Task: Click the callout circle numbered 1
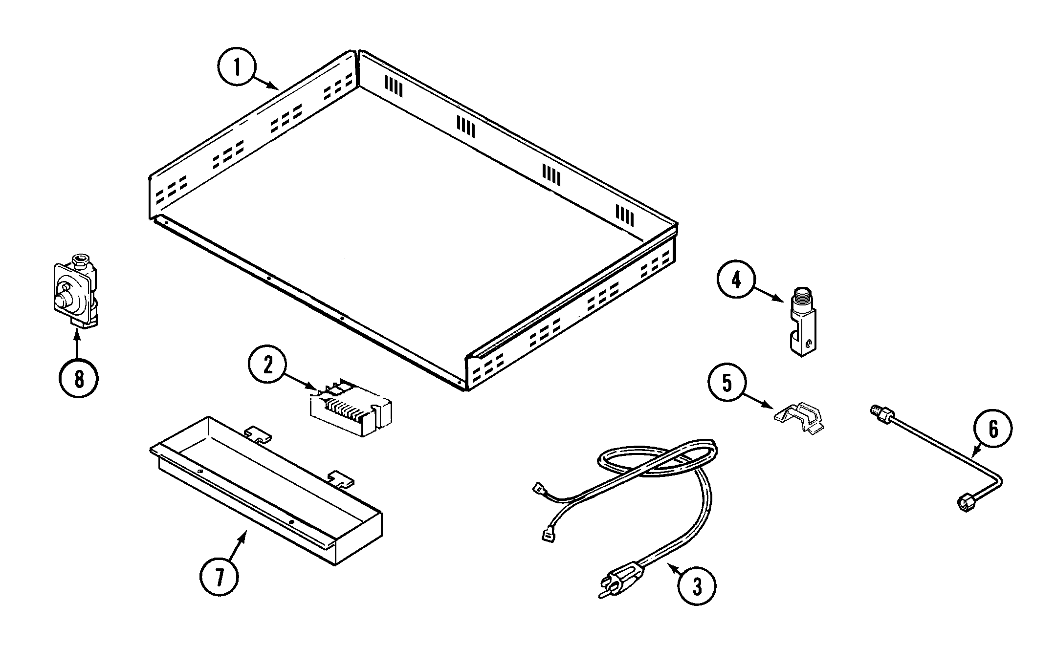pyautogui.click(x=237, y=68)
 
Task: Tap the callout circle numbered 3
pyautogui.click(x=697, y=586)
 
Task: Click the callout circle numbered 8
pyautogui.click(x=78, y=378)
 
